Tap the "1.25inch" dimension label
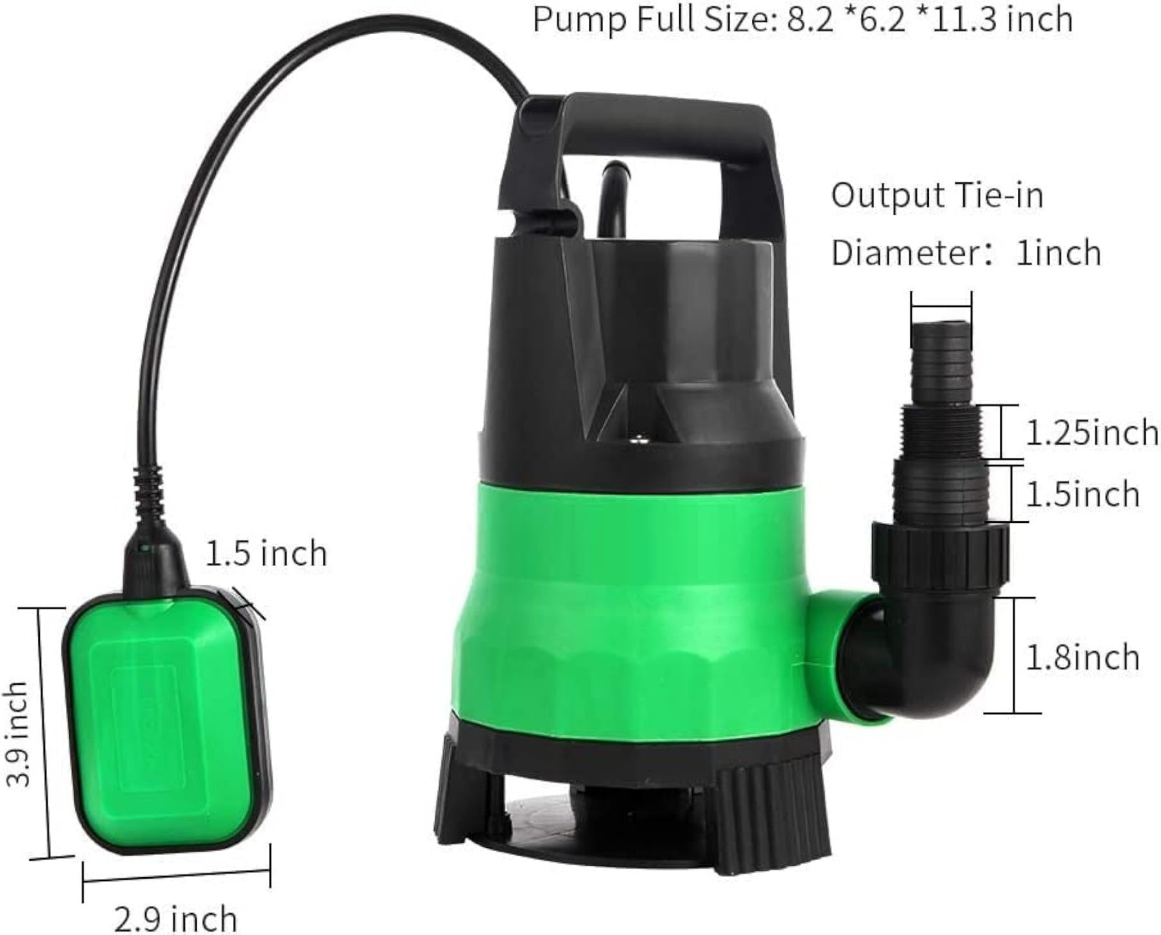[1092, 432]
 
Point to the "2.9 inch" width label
[176, 917]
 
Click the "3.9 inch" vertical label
[17, 734]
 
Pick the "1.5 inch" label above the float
[266, 553]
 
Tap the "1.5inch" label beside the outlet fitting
[1083, 495]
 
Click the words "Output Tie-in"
[937, 195]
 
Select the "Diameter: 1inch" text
[966, 251]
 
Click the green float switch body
[166, 719]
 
